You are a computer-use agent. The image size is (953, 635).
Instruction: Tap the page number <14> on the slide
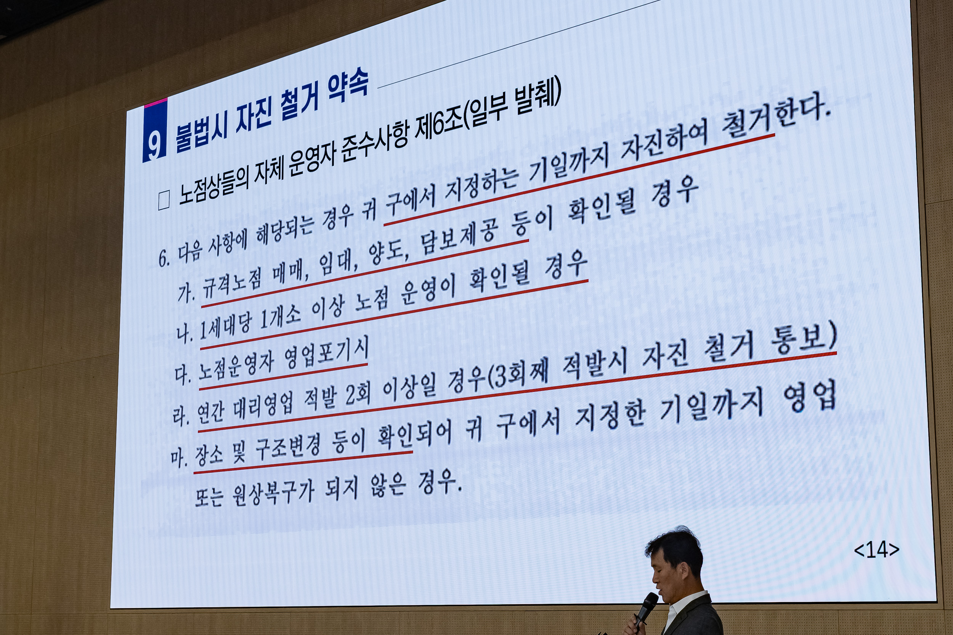coord(876,550)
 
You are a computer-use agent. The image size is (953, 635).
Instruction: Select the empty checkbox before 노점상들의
coord(164,201)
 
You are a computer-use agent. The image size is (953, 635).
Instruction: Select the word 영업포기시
coord(326,354)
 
